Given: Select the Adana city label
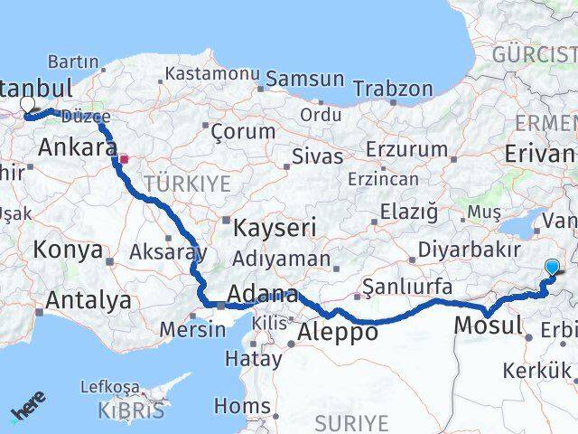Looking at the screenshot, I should coord(263,295).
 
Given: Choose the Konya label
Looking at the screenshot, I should coord(69,250).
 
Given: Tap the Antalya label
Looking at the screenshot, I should coord(88,299).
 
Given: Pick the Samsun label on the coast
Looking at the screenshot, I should coord(306,80).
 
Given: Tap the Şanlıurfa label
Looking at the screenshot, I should coord(406,287).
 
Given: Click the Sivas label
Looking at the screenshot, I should coord(317,156).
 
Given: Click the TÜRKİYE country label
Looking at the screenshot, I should coord(192,184).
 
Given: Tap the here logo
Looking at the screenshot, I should coord(29,405).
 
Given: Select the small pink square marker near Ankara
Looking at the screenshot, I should coord(125,159).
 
